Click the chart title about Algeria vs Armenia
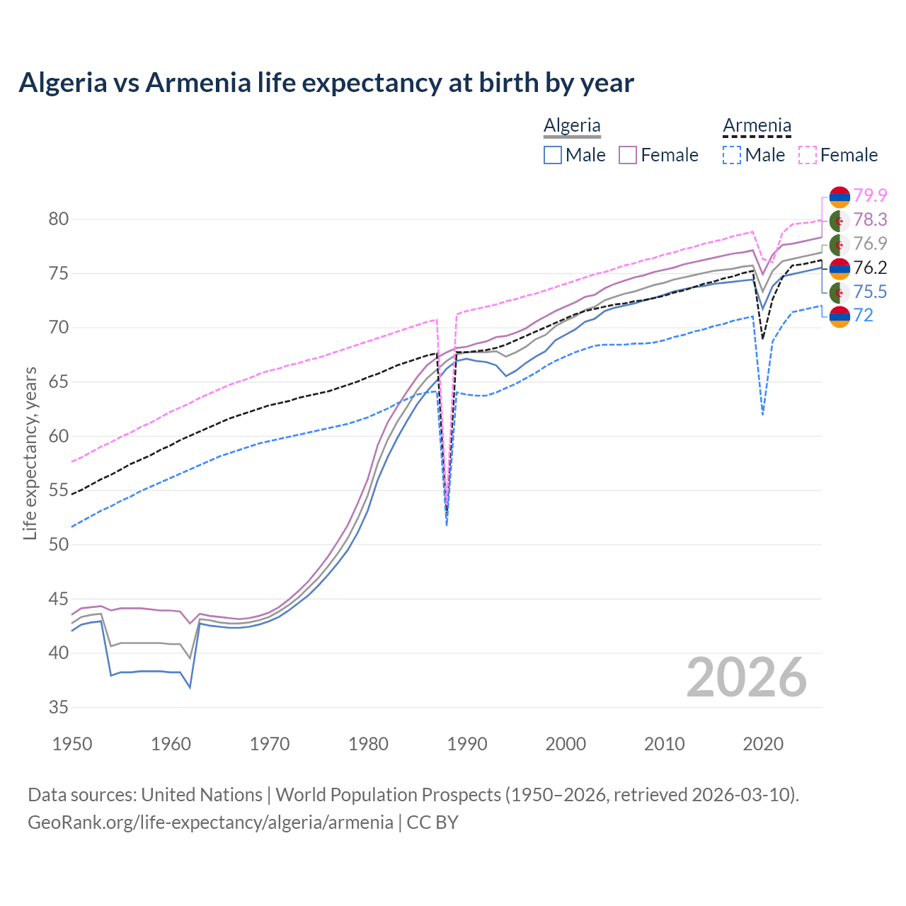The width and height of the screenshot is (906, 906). [x=326, y=83]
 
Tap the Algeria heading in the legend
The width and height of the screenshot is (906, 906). [x=572, y=125]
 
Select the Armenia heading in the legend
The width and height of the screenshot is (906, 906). [x=757, y=125]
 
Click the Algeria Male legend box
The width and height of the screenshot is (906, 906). [x=553, y=155]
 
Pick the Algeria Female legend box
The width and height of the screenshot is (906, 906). [x=628, y=155]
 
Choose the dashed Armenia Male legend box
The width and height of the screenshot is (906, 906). [x=732, y=155]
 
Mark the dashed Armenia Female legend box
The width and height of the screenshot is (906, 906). [x=808, y=155]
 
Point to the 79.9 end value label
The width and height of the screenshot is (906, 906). [x=870, y=195]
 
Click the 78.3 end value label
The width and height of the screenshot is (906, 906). [x=870, y=220]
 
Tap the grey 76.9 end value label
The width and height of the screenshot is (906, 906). [x=870, y=243]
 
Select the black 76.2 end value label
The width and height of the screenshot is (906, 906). [x=870, y=268]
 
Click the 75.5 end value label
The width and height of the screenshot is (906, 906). [x=870, y=292]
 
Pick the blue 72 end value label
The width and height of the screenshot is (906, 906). [x=864, y=316]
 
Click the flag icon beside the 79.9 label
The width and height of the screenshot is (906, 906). [x=839, y=196]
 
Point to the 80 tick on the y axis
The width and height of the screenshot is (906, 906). [x=59, y=219]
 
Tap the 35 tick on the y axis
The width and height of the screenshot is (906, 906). [x=59, y=707]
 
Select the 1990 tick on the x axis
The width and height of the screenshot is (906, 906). [x=467, y=744]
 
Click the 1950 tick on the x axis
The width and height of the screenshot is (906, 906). [x=72, y=744]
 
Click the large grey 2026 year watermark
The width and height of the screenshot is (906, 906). [x=746, y=677]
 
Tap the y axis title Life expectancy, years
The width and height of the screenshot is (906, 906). [x=30, y=453]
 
